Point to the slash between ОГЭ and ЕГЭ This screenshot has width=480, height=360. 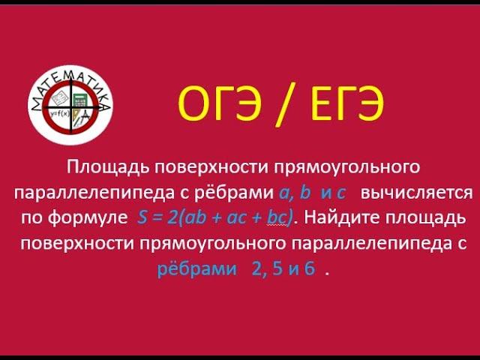point(276,106)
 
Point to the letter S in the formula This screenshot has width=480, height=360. point(143,218)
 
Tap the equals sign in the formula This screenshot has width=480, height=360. point(158,218)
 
